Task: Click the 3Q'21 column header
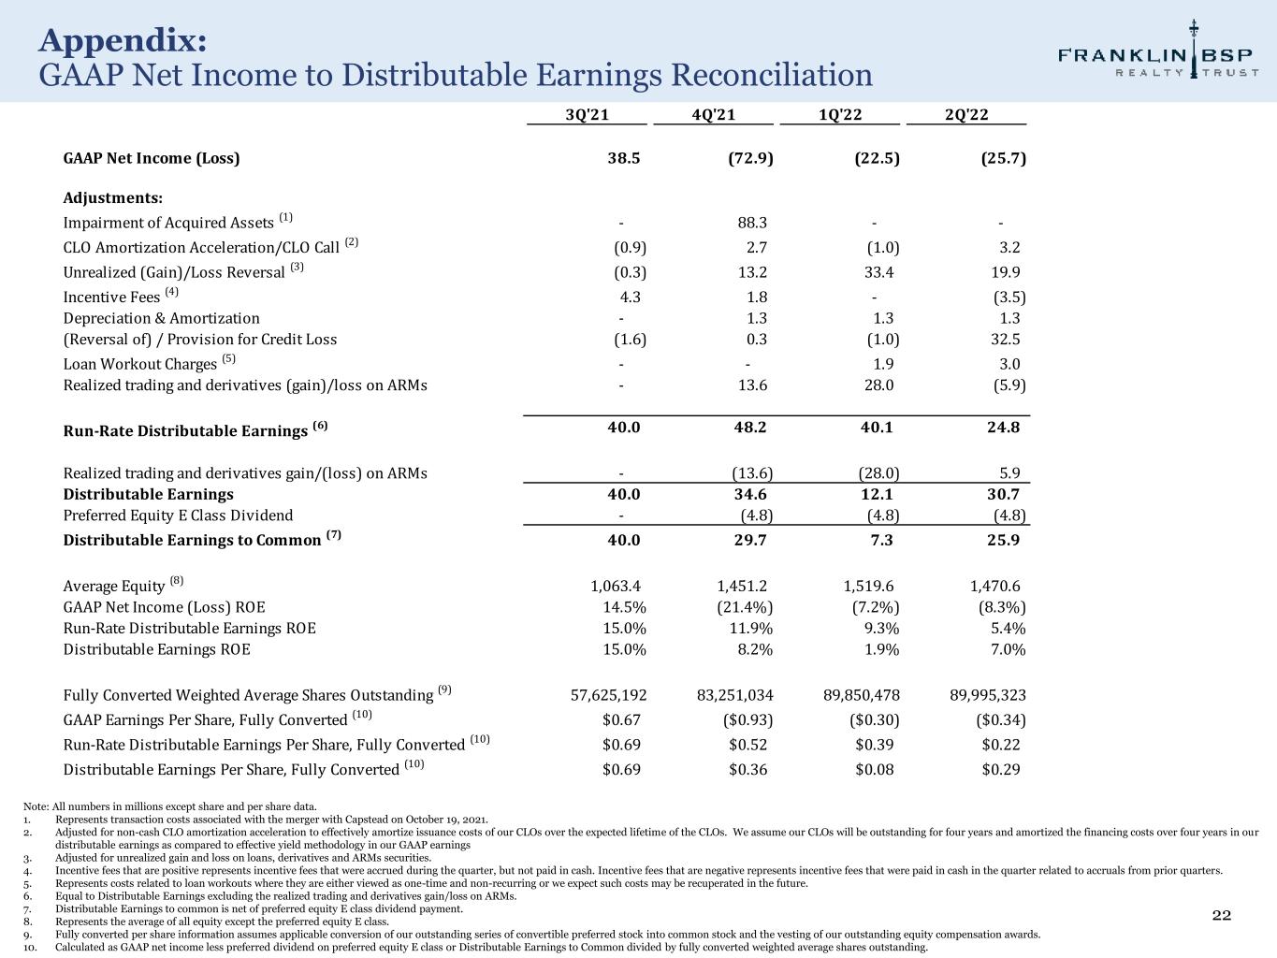[x=588, y=114]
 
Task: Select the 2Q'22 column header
[x=966, y=114]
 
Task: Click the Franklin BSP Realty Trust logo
[x=1158, y=54]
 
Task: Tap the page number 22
[x=1222, y=915]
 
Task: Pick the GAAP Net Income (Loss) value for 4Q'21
[x=750, y=158]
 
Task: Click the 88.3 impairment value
[x=752, y=223]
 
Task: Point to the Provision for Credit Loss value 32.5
[x=1003, y=339]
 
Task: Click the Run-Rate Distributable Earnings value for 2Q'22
[x=1003, y=427]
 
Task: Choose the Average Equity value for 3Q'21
[x=616, y=586]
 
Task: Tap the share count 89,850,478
[x=861, y=695]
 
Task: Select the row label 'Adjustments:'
[x=113, y=198]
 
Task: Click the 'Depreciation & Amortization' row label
[x=161, y=318]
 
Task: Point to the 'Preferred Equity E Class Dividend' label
[x=178, y=515]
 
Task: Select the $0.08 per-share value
[x=875, y=769]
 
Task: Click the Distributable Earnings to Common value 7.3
[x=882, y=540]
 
